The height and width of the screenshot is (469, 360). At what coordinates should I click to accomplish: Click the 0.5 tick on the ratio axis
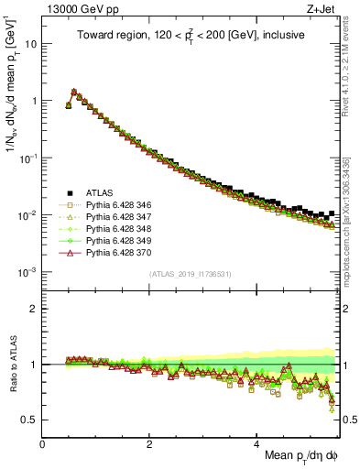point(30,420)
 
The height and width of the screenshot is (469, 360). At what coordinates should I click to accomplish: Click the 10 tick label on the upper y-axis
point(31,44)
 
